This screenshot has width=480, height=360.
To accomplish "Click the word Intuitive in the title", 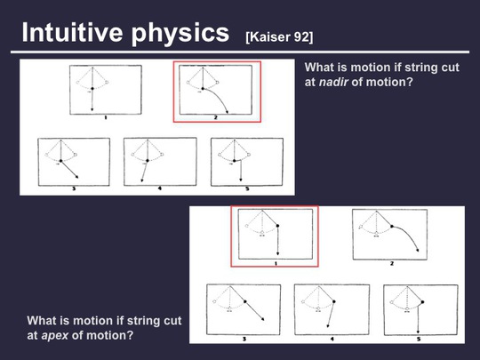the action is (x=72, y=32).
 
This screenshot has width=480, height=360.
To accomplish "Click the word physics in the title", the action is (x=180, y=34).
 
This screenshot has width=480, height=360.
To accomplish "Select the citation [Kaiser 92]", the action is (x=279, y=37).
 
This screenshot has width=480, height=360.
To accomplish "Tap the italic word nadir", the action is (x=333, y=82).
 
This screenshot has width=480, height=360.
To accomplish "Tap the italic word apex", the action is (x=55, y=336).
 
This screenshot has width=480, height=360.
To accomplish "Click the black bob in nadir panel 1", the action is (x=92, y=88).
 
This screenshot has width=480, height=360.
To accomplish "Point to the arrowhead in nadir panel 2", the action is (x=227, y=112).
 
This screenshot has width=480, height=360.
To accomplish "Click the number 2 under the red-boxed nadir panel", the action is (x=215, y=117).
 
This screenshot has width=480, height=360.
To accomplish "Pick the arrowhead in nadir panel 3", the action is (x=76, y=176).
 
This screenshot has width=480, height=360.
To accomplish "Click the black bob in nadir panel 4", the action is (x=148, y=160).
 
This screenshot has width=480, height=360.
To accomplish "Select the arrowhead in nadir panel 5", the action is (x=241, y=180).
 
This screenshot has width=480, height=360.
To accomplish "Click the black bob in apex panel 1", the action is (x=277, y=226).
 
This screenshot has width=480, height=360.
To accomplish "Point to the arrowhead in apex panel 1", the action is (x=277, y=253).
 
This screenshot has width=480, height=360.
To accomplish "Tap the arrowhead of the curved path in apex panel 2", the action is (x=417, y=250).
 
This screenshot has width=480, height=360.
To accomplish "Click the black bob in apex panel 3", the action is (x=245, y=301).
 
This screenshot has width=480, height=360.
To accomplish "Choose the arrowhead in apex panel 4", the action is (x=328, y=325).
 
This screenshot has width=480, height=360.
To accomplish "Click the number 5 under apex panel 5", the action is (x=419, y=339).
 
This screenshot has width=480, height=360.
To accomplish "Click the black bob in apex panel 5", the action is (x=422, y=302).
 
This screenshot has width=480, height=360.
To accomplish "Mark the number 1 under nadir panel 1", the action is (x=106, y=117).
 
